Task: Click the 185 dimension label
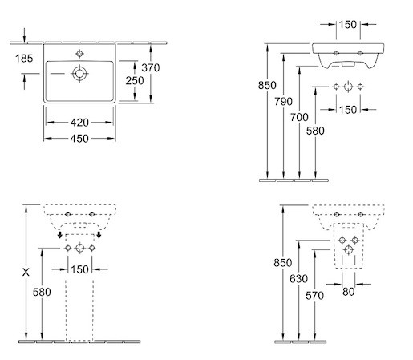click(24, 59)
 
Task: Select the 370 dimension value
click(151, 67)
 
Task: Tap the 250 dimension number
click(135, 80)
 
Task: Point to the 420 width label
click(79, 123)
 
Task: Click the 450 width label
click(79, 139)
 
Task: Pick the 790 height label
click(283, 101)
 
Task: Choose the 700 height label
click(299, 117)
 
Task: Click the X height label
click(26, 273)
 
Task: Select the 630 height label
click(298, 279)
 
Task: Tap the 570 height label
click(314, 296)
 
